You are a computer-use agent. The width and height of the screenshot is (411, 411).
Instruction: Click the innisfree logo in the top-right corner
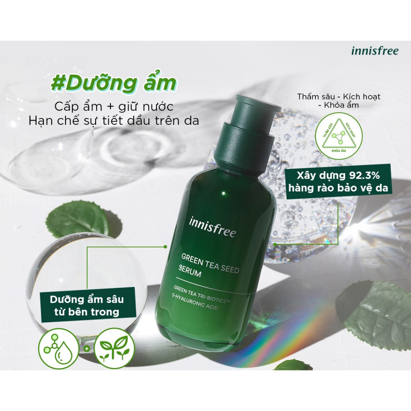(x=374, y=51)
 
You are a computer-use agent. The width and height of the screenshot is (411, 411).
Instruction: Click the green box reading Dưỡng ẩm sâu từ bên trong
(x=87, y=305)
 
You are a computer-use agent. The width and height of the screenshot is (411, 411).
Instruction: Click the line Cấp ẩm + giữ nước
(x=114, y=107)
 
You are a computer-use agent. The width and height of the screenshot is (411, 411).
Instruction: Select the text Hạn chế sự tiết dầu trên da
(x=114, y=120)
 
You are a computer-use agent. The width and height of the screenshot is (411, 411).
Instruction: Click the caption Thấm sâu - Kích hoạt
(x=339, y=97)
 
